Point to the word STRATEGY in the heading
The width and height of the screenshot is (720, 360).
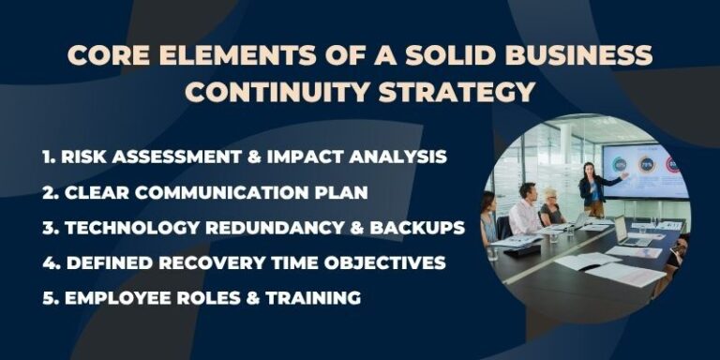465,93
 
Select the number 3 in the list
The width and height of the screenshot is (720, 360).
47,227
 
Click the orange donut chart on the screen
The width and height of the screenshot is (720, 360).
646,164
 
